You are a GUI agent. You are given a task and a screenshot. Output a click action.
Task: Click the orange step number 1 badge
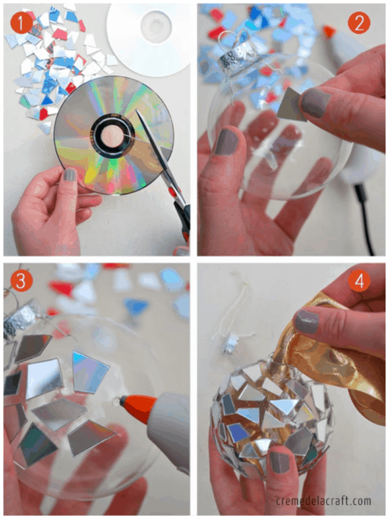pos(21,23)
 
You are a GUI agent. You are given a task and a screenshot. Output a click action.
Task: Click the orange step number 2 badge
pos(359,23)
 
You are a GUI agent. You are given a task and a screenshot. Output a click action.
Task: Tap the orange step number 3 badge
pos(21,281)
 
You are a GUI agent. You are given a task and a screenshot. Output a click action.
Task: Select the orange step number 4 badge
pos(359,281)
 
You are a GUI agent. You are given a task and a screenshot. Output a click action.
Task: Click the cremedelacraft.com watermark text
pos(324,500)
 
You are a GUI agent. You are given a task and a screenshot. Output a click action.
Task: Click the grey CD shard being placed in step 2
pos(290,104)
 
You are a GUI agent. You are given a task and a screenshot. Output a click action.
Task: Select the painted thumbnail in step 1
pos(70,175)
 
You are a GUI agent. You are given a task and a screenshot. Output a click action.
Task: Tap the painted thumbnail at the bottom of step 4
pos(279,462)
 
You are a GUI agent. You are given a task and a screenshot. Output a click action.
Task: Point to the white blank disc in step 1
pos(149,38)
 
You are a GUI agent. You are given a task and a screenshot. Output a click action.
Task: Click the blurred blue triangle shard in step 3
pos(136,307)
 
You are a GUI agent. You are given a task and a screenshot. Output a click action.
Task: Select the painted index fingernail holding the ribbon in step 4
pos(307,321)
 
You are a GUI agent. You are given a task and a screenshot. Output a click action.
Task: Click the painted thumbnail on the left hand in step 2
pos(228,141)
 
